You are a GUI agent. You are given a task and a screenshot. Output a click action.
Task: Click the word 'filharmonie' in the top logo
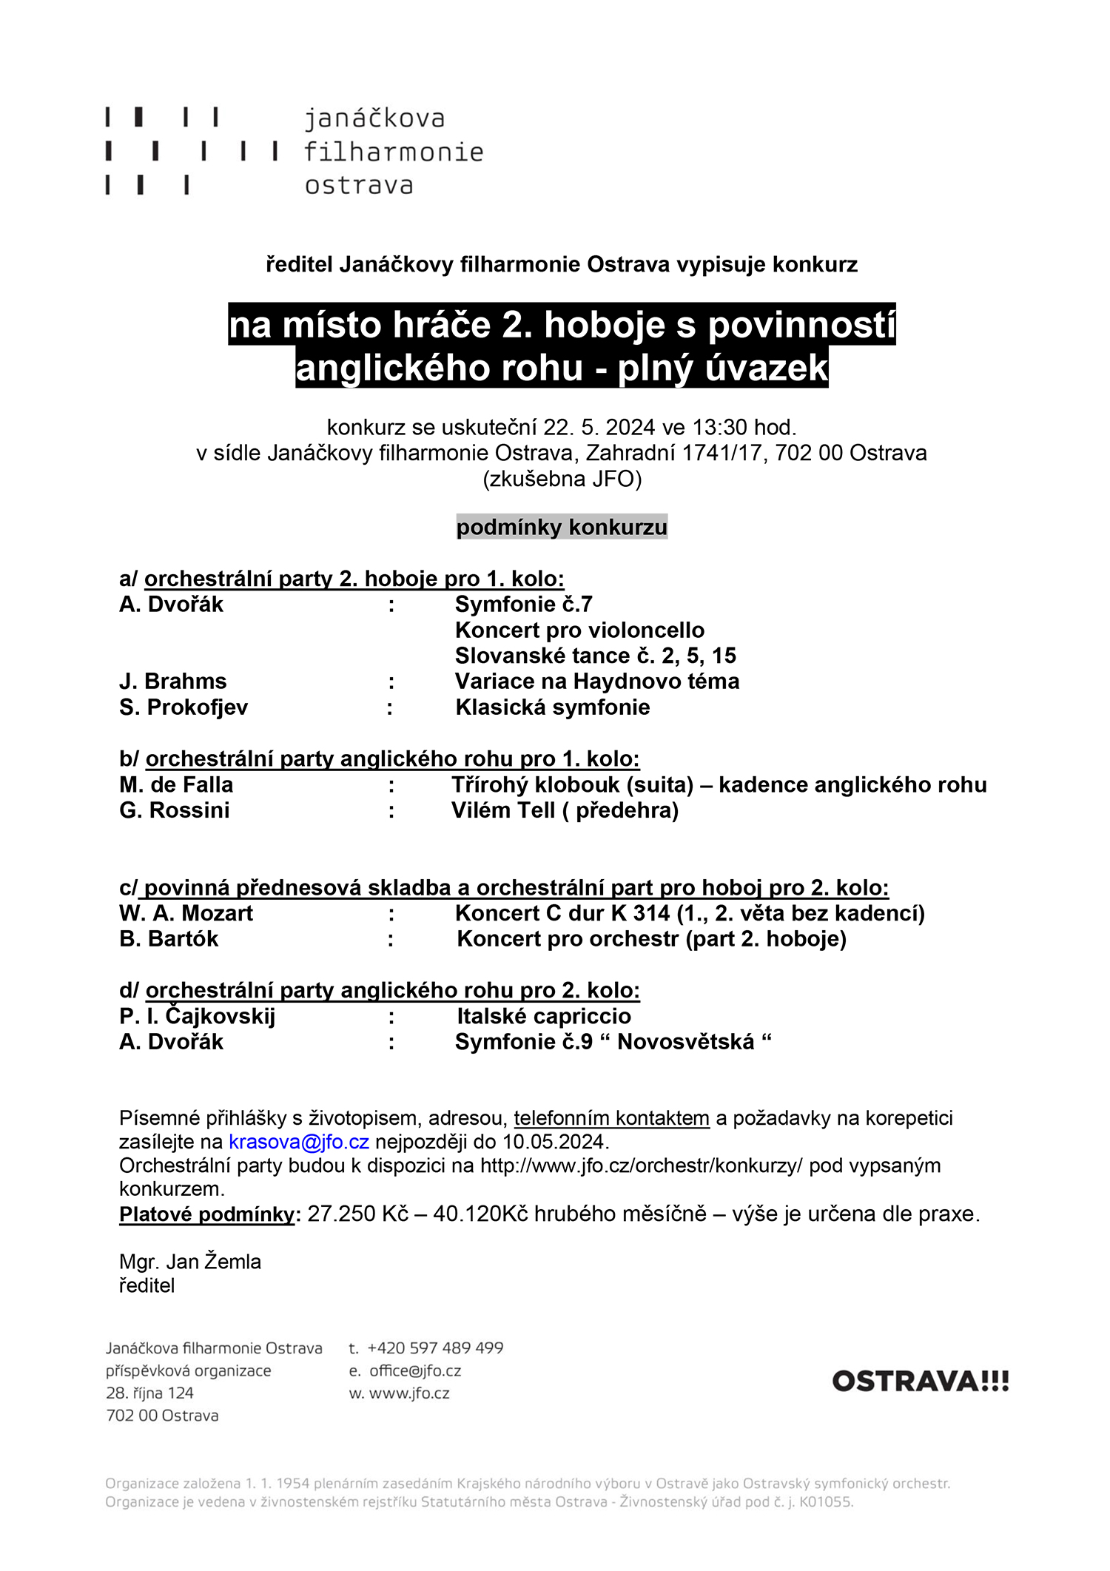393,152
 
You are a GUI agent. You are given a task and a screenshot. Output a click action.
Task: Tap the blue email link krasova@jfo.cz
299,1142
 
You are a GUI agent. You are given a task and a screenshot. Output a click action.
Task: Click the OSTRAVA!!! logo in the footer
920,1382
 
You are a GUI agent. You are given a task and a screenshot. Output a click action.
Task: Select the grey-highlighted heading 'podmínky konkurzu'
562,528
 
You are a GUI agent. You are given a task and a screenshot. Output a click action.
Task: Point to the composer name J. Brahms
173,682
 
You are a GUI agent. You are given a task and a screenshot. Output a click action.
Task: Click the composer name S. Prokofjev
184,707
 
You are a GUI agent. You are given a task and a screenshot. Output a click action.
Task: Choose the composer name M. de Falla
176,784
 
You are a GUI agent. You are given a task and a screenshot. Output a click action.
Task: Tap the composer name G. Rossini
175,810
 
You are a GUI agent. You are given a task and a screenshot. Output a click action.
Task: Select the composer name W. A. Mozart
186,913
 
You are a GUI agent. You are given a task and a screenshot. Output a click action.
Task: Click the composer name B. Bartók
169,939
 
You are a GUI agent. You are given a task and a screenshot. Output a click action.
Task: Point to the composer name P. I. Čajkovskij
197,1016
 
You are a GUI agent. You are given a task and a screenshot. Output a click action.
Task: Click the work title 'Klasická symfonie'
553,707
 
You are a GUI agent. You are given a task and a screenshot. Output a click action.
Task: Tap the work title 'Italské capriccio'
544,1016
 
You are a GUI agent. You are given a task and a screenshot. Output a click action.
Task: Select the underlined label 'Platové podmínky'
207,1214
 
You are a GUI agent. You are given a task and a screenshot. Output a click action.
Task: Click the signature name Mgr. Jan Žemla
190,1262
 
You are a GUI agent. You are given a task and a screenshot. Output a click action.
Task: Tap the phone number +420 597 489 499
435,1348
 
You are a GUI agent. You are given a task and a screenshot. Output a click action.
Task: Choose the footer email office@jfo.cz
415,1370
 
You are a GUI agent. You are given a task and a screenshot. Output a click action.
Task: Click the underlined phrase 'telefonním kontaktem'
611,1118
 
